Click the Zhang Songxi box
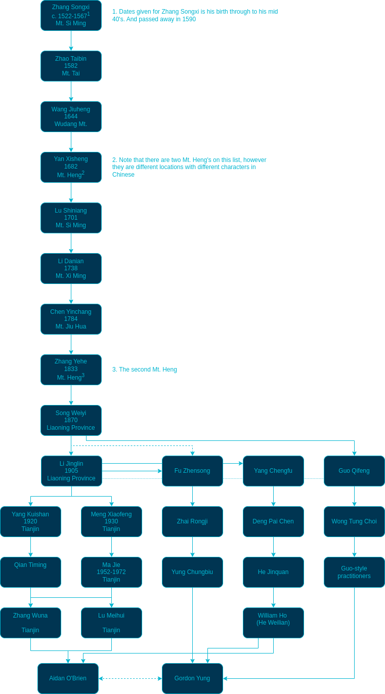click(71, 15)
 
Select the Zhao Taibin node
click(71, 66)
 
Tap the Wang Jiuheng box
click(71, 116)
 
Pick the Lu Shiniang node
click(71, 218)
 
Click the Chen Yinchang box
click(71, 319)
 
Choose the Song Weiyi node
click(71, 420)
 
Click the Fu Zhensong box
click(192, 471)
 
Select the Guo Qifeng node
click(354, 471)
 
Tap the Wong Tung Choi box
click(354, 521)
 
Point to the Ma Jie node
click(111, 572)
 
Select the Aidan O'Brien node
click(68, 678)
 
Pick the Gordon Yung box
click(192, 678)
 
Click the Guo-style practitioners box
click(354, 572)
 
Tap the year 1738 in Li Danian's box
click(71, 268)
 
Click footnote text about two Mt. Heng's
click(189, 167)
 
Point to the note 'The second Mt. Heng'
click(145, 370)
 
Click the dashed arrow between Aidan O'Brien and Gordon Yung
click(130, 678)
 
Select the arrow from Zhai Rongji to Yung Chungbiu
click(192, 547)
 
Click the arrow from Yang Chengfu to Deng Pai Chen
click(273, 496)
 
